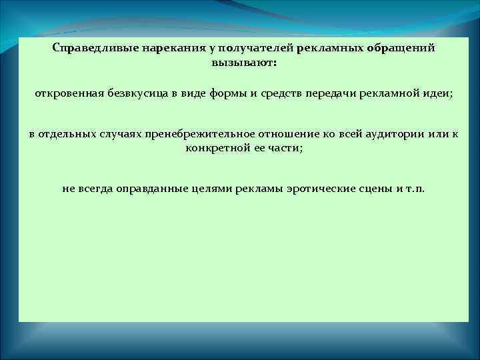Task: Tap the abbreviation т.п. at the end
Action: [415, 188]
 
